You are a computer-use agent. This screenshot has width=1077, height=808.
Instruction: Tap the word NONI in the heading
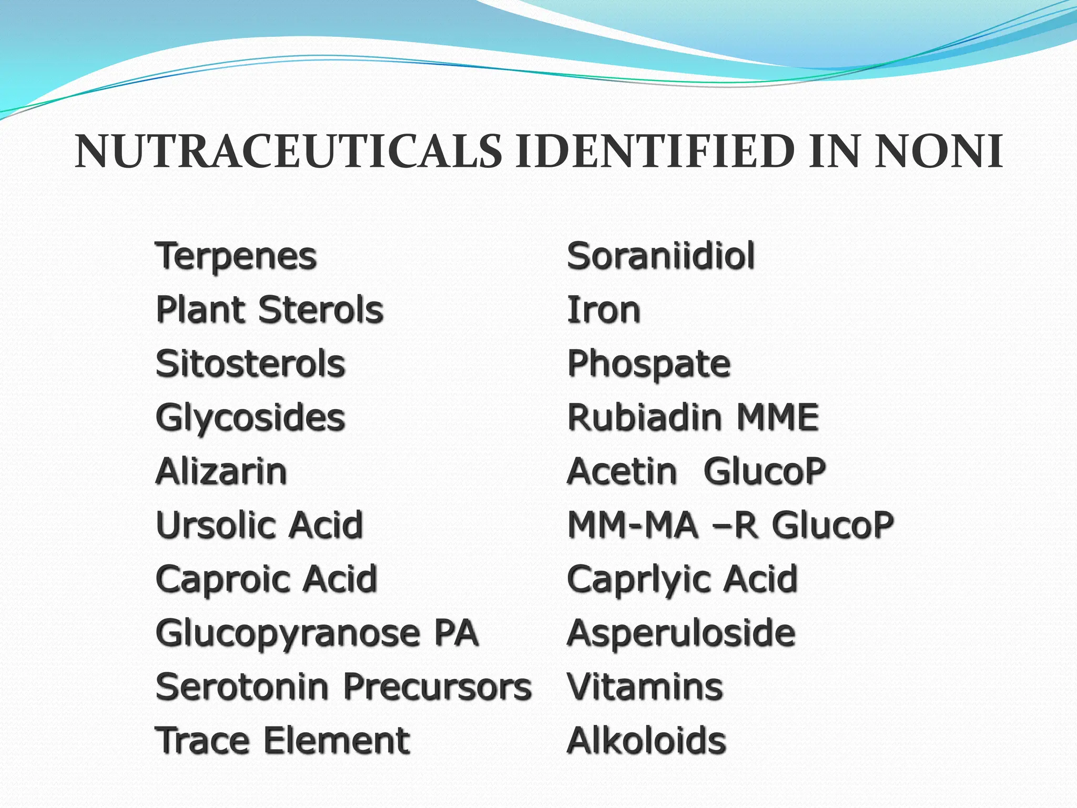click(938, 153)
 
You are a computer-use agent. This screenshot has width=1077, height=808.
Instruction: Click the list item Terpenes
click(236, 257)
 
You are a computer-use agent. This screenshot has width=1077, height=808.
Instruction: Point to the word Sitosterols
click(250, 364)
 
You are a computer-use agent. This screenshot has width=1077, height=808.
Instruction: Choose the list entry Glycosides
click(250, 418)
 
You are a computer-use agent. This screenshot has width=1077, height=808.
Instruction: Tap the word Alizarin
click(221, 471)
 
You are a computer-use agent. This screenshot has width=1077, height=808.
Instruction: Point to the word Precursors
click(438, 687)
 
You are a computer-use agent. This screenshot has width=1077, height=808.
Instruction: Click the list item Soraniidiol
click(661, 257)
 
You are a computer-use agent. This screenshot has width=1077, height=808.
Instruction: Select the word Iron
click(604, 310)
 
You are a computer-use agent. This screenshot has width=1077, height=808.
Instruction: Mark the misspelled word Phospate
click(649, 364)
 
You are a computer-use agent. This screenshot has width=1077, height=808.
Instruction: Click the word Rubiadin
click(644, 418)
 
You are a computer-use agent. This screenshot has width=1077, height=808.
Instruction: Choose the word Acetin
click(623, 471)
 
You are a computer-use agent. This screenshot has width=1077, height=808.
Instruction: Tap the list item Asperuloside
click(681, 633)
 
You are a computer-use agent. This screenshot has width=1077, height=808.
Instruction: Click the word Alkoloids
click(647, 741)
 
